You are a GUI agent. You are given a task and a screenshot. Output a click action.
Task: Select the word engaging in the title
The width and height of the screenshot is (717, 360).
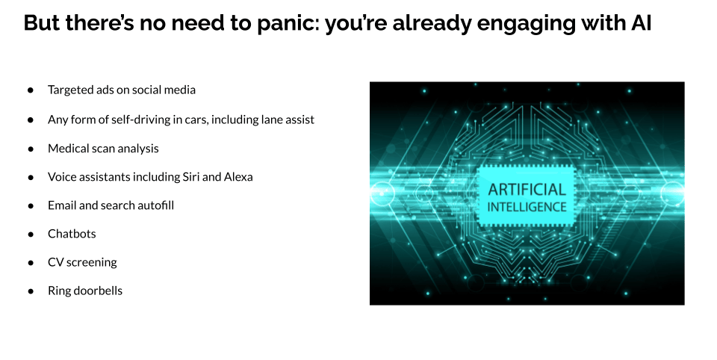tap(526, 24)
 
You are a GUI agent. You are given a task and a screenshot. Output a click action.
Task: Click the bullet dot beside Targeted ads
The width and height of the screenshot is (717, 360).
tap(31, 90)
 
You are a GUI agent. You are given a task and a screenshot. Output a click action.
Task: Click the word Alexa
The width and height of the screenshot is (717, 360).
tap(238, 176)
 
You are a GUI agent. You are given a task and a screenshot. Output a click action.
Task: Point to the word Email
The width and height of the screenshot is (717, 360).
tap(62, 205)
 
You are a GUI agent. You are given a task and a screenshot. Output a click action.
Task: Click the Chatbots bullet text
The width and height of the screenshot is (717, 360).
tap(72, 233)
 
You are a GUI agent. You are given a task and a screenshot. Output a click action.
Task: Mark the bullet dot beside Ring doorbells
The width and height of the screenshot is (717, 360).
tap(31, 291)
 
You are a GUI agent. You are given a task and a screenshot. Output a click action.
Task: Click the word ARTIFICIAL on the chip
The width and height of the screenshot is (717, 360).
tap(527, 190)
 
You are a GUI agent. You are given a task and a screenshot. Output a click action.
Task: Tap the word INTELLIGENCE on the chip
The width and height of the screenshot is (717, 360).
tap(527, 207)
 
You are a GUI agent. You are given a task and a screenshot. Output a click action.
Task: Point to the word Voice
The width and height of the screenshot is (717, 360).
tap(62, 176)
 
